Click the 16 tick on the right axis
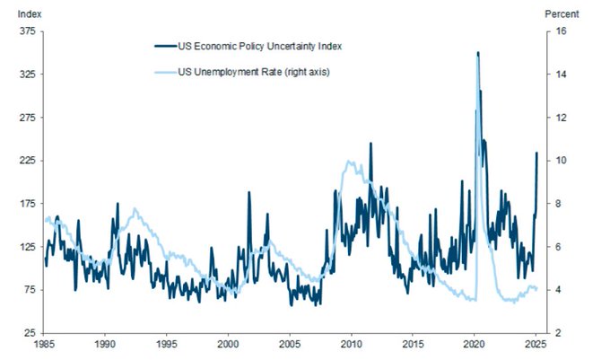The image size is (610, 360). pyautogui.click(x=561, y=31)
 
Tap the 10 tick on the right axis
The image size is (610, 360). pyautogui.click(x=561, y=161)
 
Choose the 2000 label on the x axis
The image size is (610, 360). pyautogui.click(x=229, y=344)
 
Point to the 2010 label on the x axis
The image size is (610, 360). pyautogui.click(x=352, y=344)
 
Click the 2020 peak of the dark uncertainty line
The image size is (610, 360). pyautogui.click(x=477, y=53)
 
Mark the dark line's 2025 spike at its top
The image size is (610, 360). pyautogui.click(x=536, y=153)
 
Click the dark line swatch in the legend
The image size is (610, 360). pyautogui.click(x=166, y=46)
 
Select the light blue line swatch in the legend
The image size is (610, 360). pyautogui.click(x=166, y=71)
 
